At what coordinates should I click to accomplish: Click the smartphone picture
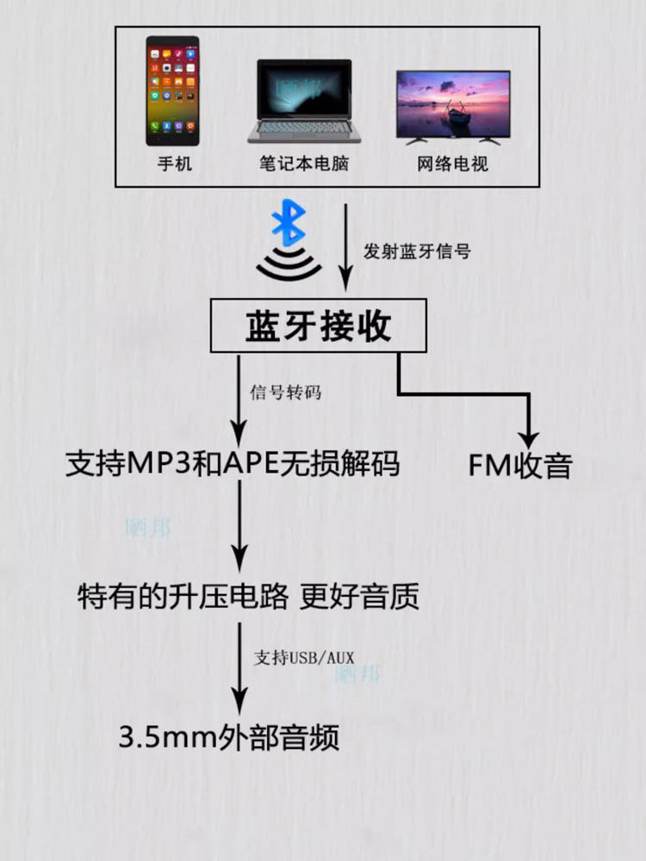pyautogui.click(x=172, y=90)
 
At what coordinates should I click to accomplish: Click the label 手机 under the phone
pyautogui.click(x=174, y=163)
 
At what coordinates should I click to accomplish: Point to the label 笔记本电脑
pyautogui.click(x=303, y=163)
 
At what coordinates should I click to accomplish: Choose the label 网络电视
pyautogui.click(x=452, y=163)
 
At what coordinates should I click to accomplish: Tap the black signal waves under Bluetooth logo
pyautogui.click(x=287, y=266)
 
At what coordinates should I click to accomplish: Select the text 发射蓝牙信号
pyautogui.click(x=417, y=252)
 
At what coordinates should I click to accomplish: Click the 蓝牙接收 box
pyautogui.click(x=319, y=325)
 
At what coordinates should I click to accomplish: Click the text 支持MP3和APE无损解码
pyautogui.click(x=233, y=465)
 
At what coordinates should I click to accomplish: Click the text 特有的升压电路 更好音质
pyautogui.click(x=248, y=596)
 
